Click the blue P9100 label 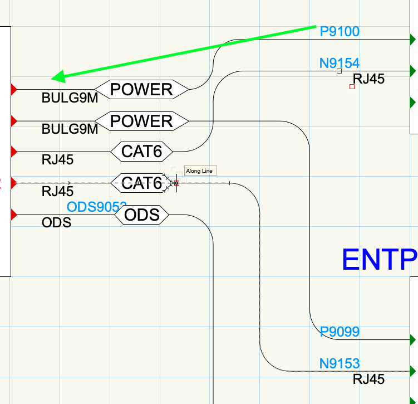tap(340, 31)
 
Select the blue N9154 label tap(340, 63)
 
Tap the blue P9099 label tap(340, 332)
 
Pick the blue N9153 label tap(340, 363)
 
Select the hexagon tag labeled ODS tap(142, 215)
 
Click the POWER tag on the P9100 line tap(142, 89)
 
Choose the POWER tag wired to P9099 tap(142, 121)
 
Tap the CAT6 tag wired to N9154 tap(142, 151)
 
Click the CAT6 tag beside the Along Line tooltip tap(141, 183)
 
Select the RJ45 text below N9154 tap(368, 79)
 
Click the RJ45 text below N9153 tap(368, 379)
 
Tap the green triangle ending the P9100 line tap(412, 40)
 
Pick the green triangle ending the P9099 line tap(412, 339)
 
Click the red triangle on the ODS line tap(14, 215)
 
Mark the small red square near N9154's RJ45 tap(352, 86)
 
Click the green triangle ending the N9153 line tap(412, 371)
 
